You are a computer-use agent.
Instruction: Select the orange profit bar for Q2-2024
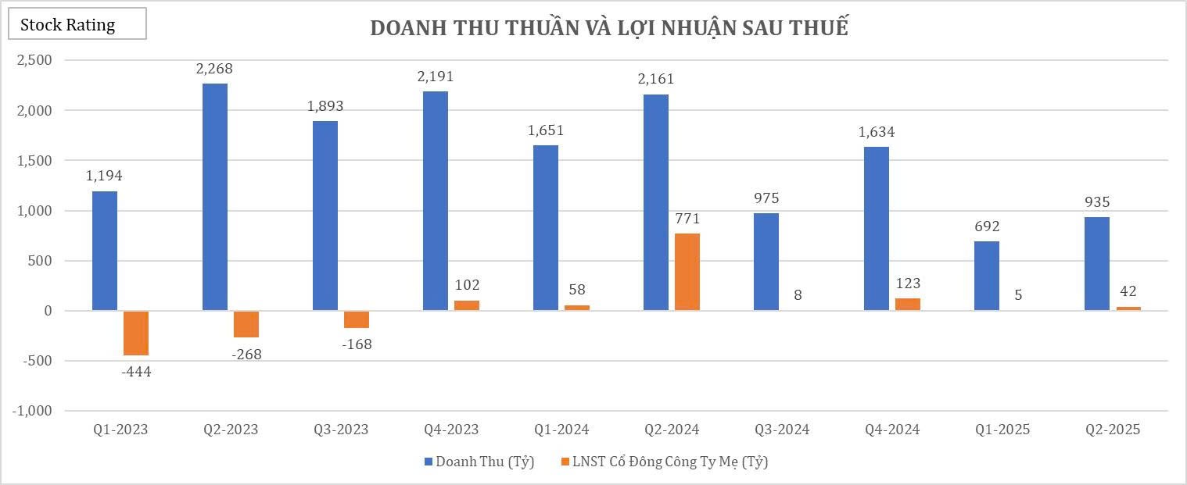pyautogui.click(x=687, y=272)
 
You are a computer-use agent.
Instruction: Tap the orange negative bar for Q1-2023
pyautogui.click(x=136, y=333)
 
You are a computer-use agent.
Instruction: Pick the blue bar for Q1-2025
pyautogui.click(x=986, y=276)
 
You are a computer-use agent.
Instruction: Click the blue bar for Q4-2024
pyautogui.click(x=876, y=229)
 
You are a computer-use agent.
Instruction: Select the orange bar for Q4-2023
pyautogui.click(x=467, y=305)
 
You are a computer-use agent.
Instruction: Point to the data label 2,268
pyautogui.click(x=215, y=69)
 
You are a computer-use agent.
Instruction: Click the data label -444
pyautogui.click(x=136, y=372)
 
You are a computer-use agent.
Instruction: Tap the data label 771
pyautogui.click(x=687, y=218)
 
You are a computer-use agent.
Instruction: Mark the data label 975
pyautogui.click(x=766, y=198)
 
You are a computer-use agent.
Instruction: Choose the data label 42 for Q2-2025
pyautogui.click(x=1128, y=291)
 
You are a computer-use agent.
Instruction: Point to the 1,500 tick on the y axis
pyautogui.click(x=34, y=161)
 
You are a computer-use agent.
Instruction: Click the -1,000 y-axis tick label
pyautogui.click(x=31, y=411)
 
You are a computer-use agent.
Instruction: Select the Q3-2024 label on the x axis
pyautogui.click(x=782, y=430)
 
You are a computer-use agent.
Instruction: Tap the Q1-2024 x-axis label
pyautogui.click(x=561, y=430)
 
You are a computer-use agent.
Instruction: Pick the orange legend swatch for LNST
pyautogui.click(x=565, y=462)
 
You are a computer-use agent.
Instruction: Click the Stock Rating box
pyautogui.click(x=77, y=24)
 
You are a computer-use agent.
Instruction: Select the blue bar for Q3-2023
pyautogui.click(x=325, y=216)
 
